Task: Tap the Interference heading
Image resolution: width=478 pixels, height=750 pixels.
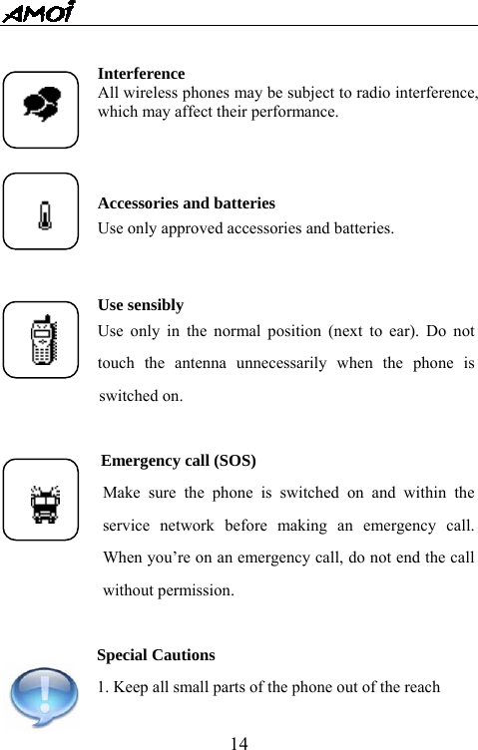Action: tap(141, 74)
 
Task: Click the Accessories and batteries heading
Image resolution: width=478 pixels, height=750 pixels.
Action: tap(187, 203)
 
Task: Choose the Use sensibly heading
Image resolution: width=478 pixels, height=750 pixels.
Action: tap(141, 305)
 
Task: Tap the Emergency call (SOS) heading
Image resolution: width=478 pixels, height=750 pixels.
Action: tap(179, 461)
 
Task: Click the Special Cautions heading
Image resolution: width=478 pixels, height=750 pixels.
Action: tap(156, 655)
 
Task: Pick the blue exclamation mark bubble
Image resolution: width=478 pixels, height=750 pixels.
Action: tap(41, 698)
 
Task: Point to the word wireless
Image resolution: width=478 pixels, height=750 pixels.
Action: tap(143, 93)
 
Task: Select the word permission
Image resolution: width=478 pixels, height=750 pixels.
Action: tap(200, 590)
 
